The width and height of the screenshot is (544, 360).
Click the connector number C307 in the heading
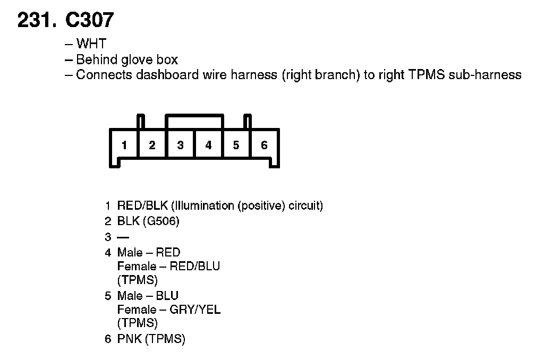pyautogui.click(x=89, y=20)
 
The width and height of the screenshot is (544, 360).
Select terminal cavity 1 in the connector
pyautogui.click(x=124, y=145)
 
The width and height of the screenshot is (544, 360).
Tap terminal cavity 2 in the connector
pyautogui.click(x=152, y=145)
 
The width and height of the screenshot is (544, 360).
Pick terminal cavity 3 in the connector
pyautogui.click(x=180, y=145)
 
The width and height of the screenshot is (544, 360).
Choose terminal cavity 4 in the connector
pyautogui.click(x=208, y=145)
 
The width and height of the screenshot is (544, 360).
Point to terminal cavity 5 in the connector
pyautogui.click(x=236, y=145)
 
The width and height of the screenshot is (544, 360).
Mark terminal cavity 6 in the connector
pyautogui.click(x=264, y=145)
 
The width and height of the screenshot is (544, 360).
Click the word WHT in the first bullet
pyautogui.click(x=91, y=44)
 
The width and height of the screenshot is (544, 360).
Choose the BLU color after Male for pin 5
pyautogui.click(x=167, y=296)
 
